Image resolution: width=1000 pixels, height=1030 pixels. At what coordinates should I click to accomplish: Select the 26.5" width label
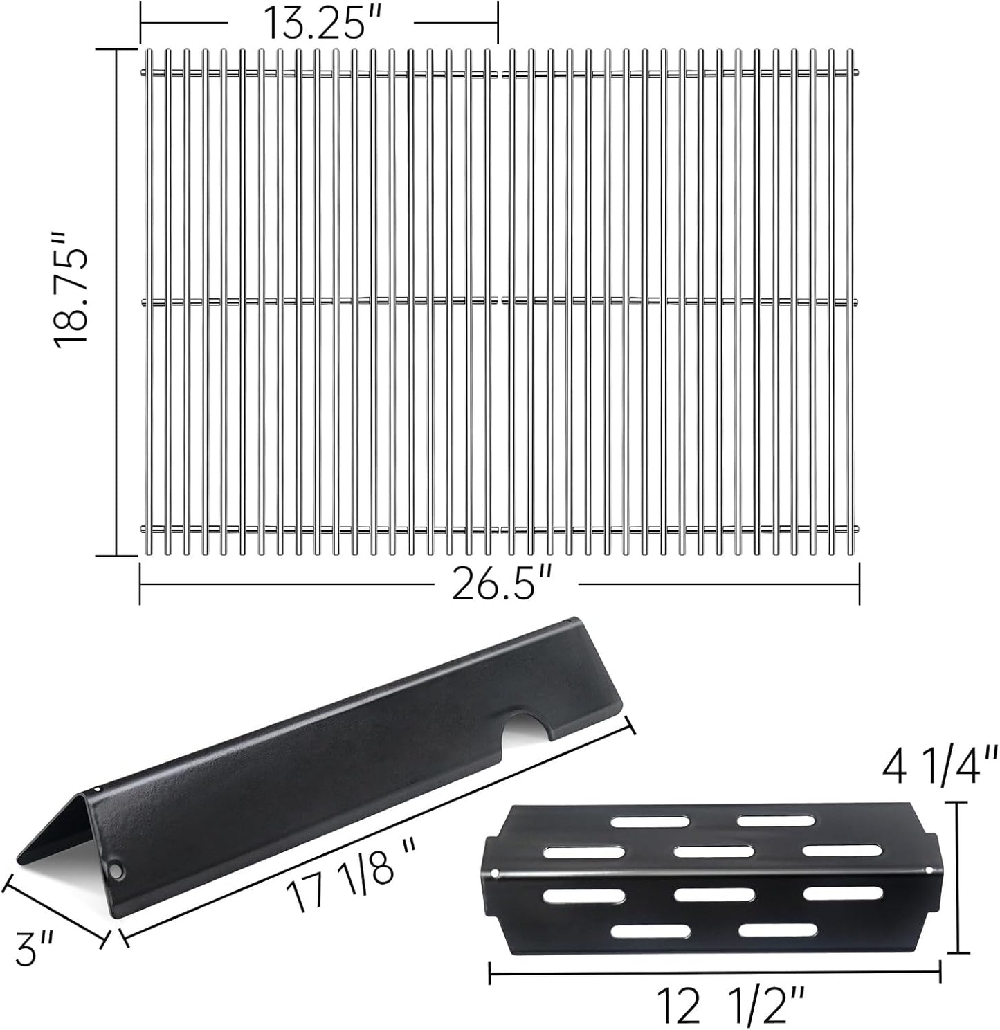point(506,585)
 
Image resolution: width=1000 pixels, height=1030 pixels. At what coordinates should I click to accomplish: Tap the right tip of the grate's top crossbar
point(857,73)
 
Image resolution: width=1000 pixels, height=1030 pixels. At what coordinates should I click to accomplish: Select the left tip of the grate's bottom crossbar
point(143,530)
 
